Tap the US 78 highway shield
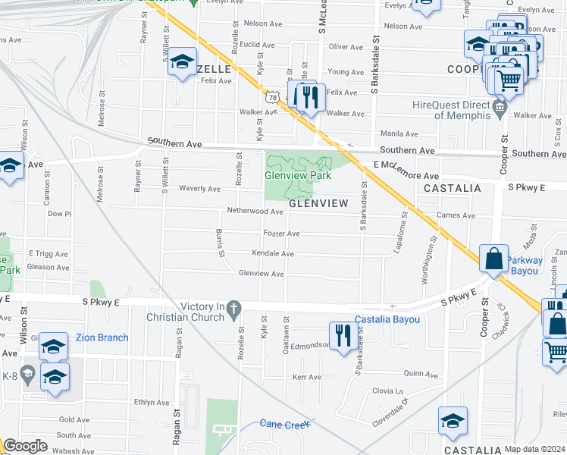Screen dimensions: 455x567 tap(272, 96)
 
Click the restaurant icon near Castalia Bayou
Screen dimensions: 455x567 tap(343, 336)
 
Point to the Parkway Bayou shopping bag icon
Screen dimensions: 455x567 tap(494, 259)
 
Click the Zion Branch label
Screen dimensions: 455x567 tap(102, 337)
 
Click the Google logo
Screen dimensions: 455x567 tap(25, 446)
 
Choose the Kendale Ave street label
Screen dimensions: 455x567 tap(273, 253)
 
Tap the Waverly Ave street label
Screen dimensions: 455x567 tap(199, 188)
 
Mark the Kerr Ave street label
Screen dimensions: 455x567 tap(308, 377)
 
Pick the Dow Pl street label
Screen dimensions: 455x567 tap(59, 214)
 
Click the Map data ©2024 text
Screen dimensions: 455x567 tap(534, 449)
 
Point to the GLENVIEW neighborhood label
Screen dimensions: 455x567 tap(318, 203)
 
